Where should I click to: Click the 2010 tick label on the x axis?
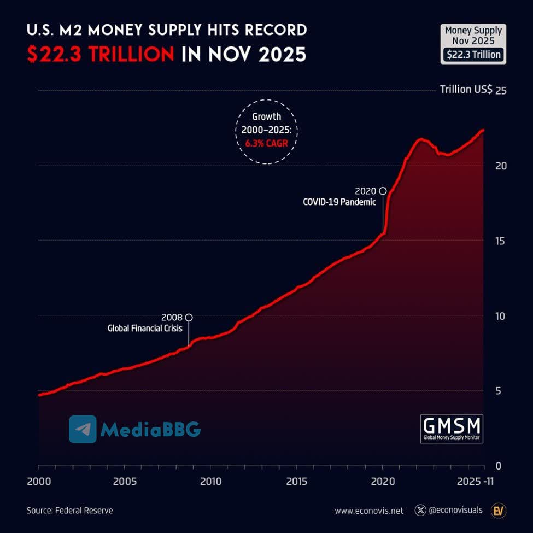point(210,482)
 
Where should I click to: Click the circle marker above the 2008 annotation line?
point(189,318)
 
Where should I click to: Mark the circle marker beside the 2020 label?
point(383,191)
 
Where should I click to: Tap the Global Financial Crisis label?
point(144,329)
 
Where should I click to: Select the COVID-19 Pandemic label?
point(339,202)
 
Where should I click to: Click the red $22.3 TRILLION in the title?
point(101,55)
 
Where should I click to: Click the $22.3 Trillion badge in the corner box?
point(473,55)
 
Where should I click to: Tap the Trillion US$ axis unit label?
point(466,90)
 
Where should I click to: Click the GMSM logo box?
point(452,429)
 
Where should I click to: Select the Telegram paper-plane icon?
point(83,429)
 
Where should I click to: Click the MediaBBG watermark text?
point(150,430)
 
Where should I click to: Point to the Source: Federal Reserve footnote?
point(70,511)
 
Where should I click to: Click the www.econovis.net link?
point(369,511)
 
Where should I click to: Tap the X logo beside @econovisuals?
point(420,511)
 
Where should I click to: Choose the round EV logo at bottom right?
point(498,511)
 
